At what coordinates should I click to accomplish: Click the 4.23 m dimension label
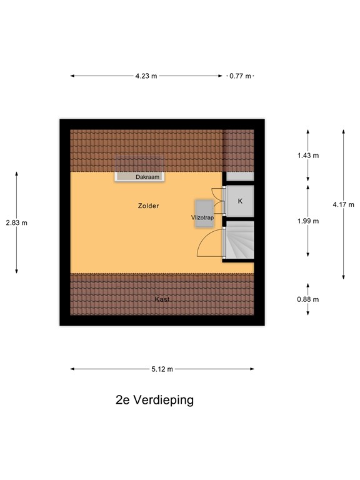point(146,76)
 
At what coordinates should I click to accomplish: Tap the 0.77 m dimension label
point(240,76)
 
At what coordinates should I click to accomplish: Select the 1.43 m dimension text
point(307,156)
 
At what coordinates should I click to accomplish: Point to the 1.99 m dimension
point(307,221)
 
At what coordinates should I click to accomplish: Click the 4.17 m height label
point(343,204)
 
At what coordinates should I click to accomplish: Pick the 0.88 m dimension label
point(307,299)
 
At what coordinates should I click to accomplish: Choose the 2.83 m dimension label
point(16,222)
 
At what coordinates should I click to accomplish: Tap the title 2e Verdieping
point(154,400)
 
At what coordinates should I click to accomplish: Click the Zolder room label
point(149,206)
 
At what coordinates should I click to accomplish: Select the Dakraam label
point(147,177)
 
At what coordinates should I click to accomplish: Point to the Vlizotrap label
point(202,217)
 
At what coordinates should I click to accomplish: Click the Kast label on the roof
point(162,299)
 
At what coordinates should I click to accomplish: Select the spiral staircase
point(240,241)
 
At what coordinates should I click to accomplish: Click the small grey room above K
point(239,177)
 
